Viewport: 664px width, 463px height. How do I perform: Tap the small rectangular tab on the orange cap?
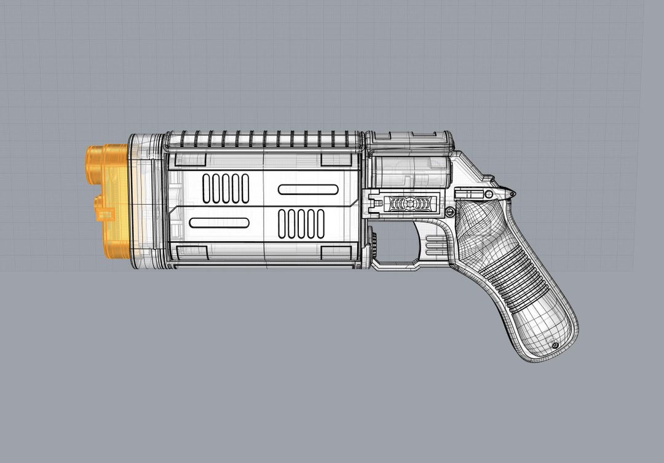[x=105, y=215]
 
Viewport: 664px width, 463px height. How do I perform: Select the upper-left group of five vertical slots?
[x=226, y=188]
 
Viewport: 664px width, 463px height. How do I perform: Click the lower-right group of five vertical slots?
[x=301, y=223]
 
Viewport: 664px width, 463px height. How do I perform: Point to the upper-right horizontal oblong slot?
[x=307, y=189]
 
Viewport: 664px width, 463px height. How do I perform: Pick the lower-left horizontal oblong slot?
[x=219, y=223]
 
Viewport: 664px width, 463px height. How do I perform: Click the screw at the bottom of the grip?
[x=555, y=346]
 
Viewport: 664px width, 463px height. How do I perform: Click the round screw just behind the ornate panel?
[x=450, y=212]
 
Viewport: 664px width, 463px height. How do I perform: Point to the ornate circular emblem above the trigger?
[x=410, y=204]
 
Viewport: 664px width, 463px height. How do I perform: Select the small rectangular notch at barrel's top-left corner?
[x=190, y=160]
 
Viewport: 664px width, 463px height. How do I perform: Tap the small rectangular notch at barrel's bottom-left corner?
[x=191, y=252]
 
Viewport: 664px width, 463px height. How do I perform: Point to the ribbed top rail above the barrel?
[x=264, y=140]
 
